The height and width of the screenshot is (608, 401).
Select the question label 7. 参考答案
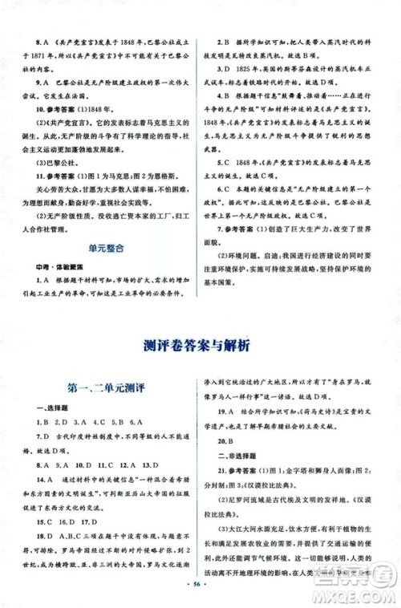[249, 228]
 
